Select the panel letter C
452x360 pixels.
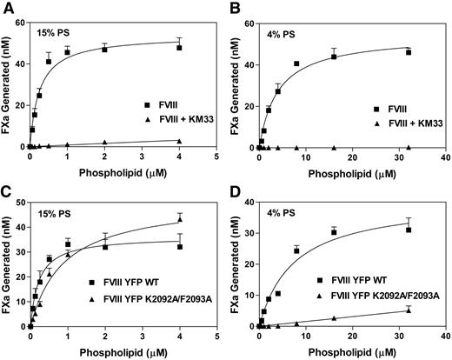pyautogui.click(x=7, y=188)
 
